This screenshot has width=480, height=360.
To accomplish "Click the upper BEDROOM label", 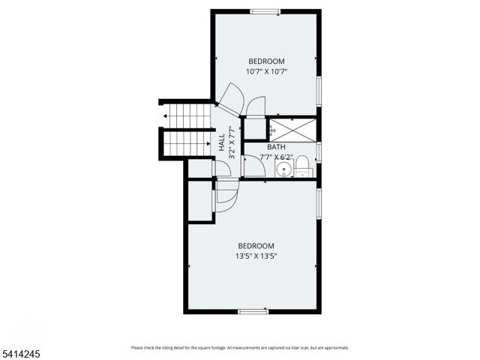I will coord(266,61).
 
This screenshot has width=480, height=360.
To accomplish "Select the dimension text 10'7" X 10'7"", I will coord(266,71).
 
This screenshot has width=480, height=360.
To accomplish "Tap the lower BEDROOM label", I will coord(256,245).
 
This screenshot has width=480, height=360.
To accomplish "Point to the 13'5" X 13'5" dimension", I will coord(256,256).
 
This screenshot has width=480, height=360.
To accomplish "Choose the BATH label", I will coord(276,147).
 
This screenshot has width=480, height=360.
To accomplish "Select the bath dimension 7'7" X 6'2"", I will coord(276,157).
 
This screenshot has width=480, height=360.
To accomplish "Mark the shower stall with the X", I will coord(292,129).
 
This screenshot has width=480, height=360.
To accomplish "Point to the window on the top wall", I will coord(265,11).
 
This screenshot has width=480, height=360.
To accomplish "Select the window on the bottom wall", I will coord(253,310).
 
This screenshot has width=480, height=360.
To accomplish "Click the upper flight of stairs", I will coord(187,115).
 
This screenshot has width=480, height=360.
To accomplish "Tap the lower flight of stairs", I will coord(187,142).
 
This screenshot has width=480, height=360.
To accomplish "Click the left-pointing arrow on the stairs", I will coord(164,115).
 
